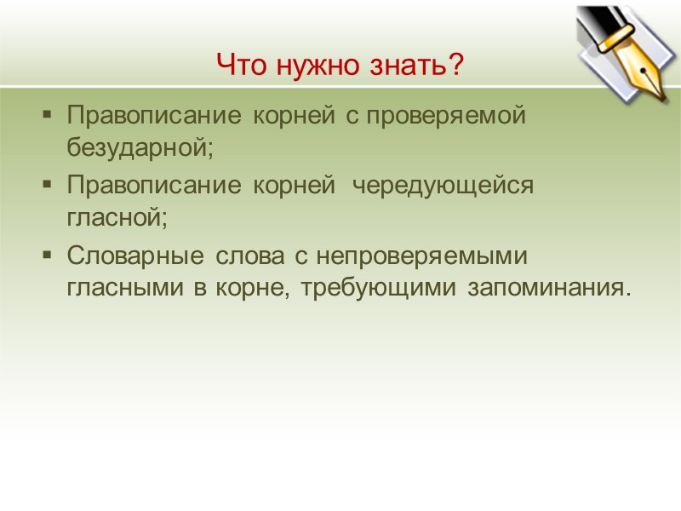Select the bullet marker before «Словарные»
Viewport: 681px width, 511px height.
[x=47, y=255]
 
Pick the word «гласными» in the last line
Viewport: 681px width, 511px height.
[x=128, y=288]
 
